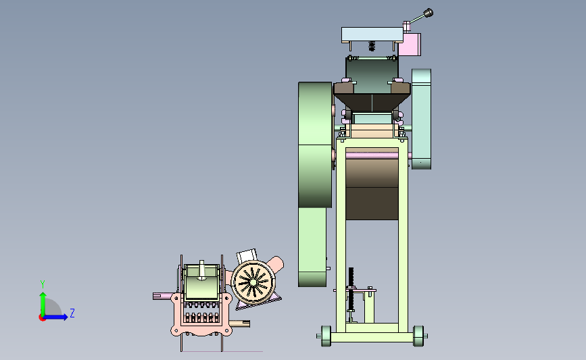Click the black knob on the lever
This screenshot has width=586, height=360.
point(429,13)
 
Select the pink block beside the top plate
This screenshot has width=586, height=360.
point(410,45)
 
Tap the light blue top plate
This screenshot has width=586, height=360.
point(372,34)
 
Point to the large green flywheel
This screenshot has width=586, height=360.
point(315,145)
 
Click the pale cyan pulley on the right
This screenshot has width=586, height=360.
point(421,119)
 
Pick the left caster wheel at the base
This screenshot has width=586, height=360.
point(326,336)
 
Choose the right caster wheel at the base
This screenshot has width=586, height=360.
point(418,336)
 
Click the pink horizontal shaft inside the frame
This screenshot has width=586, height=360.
point(372,155)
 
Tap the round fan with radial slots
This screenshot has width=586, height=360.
point(253,282)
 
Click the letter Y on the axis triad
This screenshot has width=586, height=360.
point(43,284)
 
